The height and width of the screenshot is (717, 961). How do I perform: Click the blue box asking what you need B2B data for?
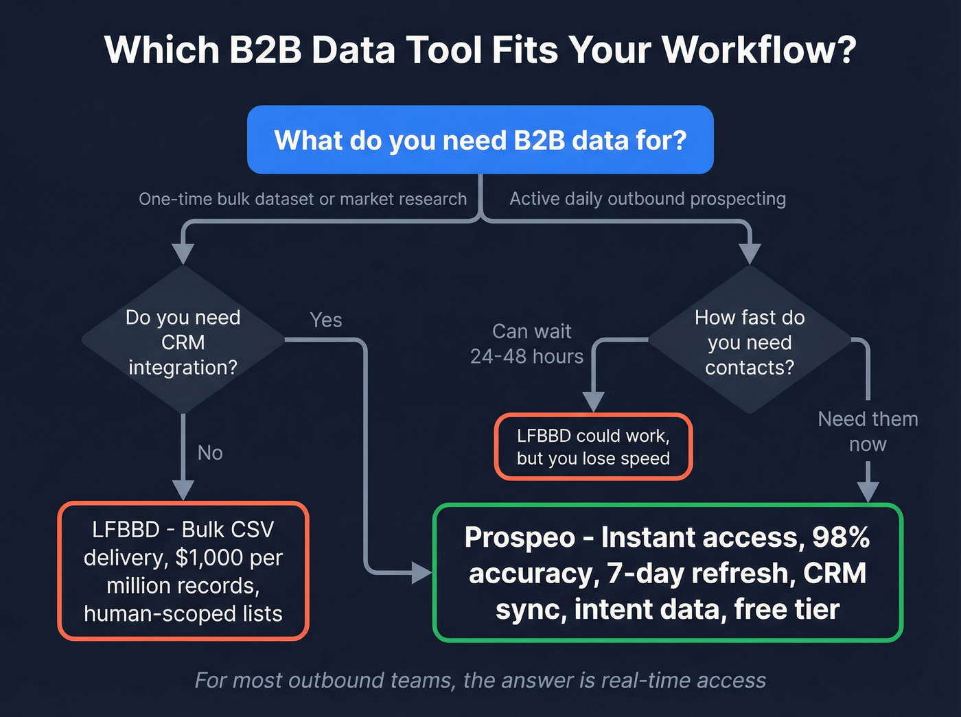(480, 139)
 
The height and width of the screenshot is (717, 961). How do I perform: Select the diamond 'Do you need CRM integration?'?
(183, 342)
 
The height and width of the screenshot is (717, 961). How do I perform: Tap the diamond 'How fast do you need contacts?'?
(750, 342)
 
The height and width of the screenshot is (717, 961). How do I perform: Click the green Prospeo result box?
(667, 573)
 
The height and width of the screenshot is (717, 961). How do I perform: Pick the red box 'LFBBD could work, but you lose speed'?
(593, 447)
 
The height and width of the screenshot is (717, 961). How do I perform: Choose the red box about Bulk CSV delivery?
(183, 571)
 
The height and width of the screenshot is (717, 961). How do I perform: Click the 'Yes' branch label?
(325, 320)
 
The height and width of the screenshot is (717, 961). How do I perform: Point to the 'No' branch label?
(210, 453)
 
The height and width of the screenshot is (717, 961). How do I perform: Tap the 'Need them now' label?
(868, 432)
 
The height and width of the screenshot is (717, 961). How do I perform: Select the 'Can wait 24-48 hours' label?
(527, 344)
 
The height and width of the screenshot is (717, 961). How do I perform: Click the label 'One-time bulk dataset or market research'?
(303, 199)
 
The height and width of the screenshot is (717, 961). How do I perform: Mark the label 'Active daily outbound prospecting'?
(647, 199)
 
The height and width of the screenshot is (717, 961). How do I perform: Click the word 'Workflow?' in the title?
(759, 50)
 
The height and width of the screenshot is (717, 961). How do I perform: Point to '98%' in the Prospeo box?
(841, 537)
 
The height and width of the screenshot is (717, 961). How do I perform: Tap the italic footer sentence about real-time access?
(480, 680)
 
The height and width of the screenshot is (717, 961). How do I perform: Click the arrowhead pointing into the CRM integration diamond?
(183, 253)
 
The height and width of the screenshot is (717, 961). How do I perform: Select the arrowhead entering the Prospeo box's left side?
(421, 572)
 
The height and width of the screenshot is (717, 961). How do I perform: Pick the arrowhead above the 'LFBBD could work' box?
(593, 401)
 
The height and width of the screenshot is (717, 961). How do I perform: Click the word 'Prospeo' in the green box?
(520, 537)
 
